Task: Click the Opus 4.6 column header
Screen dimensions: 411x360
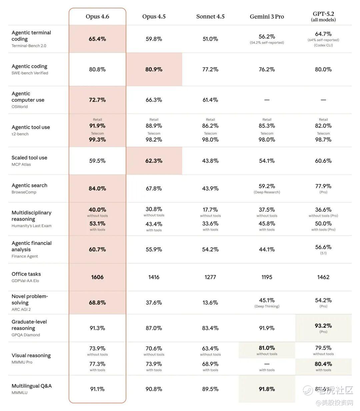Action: click(97, 17)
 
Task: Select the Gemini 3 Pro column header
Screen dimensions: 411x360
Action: click(267, 17)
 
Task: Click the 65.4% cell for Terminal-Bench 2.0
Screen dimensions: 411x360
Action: click(97, 39)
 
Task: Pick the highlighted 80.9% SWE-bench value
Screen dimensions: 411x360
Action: click(154, 69)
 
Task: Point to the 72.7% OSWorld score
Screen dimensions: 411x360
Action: click(97, 100)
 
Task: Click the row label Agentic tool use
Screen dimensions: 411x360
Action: click(31, 127)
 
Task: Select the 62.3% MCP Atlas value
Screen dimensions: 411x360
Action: click(154, 161)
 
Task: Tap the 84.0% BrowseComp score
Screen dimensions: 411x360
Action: click(97, 188)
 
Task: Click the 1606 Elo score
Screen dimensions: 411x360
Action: click(97, 277)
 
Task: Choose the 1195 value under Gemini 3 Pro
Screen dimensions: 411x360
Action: click(267, 277)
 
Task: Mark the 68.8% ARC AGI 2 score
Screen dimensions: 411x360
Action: click(97, 303)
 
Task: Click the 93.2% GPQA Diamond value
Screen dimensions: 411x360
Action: click(323, 326)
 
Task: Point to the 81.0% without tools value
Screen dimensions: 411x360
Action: click(267, 348)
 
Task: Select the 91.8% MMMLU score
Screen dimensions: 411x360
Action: click(267, 389)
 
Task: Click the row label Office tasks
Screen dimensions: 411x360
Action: click(26, 274)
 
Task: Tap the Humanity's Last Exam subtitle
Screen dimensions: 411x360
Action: click(31, 226)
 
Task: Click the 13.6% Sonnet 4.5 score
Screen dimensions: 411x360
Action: click(210, 303)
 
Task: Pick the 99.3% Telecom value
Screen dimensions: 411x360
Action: click(97, 140)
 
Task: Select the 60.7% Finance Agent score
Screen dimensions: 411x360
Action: click(97, 249)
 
